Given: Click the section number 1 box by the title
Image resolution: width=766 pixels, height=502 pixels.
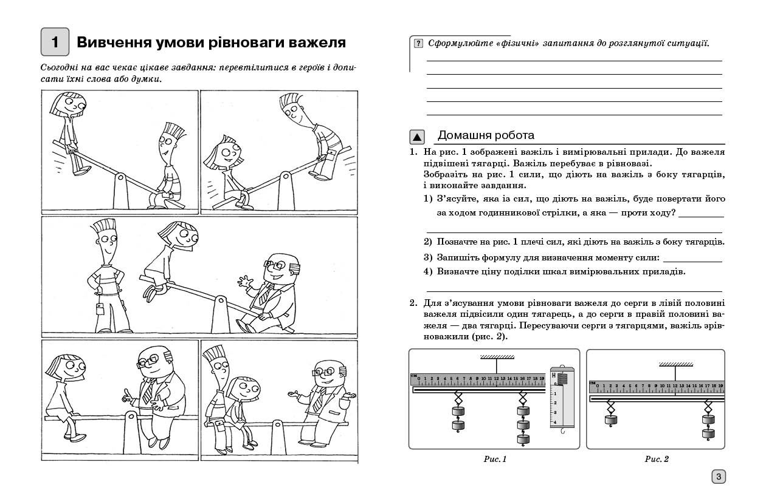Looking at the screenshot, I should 55,42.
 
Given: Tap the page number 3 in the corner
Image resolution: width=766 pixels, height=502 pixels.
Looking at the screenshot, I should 718,477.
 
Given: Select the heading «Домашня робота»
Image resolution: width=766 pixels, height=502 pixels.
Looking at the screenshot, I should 486,135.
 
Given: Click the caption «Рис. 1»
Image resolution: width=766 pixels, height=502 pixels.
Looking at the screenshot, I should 495,459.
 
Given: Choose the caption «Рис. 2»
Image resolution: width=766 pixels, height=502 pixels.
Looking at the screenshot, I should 657,459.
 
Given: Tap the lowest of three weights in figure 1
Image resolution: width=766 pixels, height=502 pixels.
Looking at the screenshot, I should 522,439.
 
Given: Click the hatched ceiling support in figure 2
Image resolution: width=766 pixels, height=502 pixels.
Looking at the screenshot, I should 677,365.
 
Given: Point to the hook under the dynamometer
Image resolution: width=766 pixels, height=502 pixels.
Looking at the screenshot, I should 563,432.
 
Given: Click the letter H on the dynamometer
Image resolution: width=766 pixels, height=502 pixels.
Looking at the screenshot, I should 554,376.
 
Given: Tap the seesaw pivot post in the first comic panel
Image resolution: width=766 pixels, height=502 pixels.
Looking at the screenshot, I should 120,191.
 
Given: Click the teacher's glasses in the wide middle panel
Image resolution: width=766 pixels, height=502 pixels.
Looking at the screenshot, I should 271,265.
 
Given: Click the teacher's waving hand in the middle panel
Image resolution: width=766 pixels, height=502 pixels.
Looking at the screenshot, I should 244,282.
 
